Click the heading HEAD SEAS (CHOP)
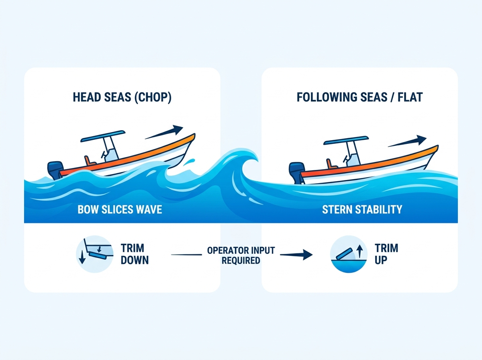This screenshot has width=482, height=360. tap(122, 97)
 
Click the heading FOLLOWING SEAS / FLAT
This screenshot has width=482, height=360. tap(359, 97)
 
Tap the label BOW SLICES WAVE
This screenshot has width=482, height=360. tap(120, 209)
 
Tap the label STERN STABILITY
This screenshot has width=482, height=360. tap(362, 209)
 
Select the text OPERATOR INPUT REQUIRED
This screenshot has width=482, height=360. tap(241, 255)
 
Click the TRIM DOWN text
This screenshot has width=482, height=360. tap(135, 254)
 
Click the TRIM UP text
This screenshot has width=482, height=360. tap(386, 254)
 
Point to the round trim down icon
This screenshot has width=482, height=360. tap(95, 254)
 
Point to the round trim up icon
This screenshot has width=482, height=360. tap(349, 254)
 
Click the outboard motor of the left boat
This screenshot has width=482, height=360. tap(55, 170)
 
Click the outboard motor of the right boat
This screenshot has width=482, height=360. tap(297, 173)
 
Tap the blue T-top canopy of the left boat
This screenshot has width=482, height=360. tap(103, 136)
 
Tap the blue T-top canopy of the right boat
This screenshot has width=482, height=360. tap(346, 140)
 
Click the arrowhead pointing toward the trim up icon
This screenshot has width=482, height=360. tap(307, 255)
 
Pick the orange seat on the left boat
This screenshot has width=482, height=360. tap(89, 161)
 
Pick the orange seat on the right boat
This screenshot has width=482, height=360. tap(331, 164)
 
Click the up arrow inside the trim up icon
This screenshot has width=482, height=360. tap(359, 251)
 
